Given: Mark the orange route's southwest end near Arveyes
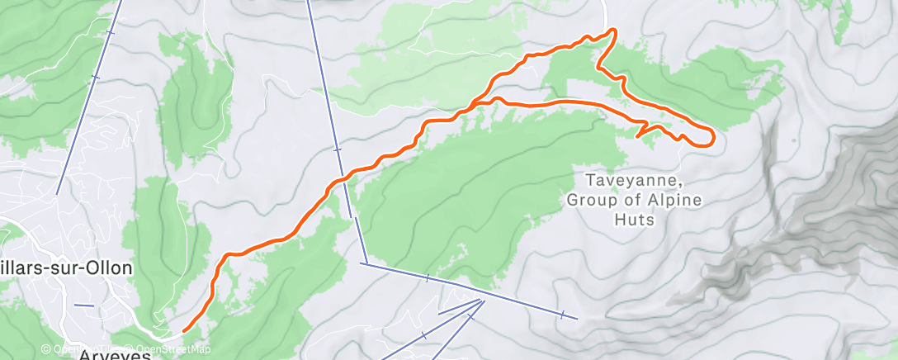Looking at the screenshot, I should pyautogui.click(x=183, y=331).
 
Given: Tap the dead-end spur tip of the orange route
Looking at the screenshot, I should pyautogui.click(x=637, y=135).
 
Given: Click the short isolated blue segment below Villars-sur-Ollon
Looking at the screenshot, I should pyautogui.click(x=83, y=306).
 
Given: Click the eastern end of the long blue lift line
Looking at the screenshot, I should pyautogui.click(x=576, y=318).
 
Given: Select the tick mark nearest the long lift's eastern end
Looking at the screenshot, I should pyautogui.click(x=561, y=314).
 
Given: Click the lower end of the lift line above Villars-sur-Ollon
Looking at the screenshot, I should pyautogui.click(x=56, y=194).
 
